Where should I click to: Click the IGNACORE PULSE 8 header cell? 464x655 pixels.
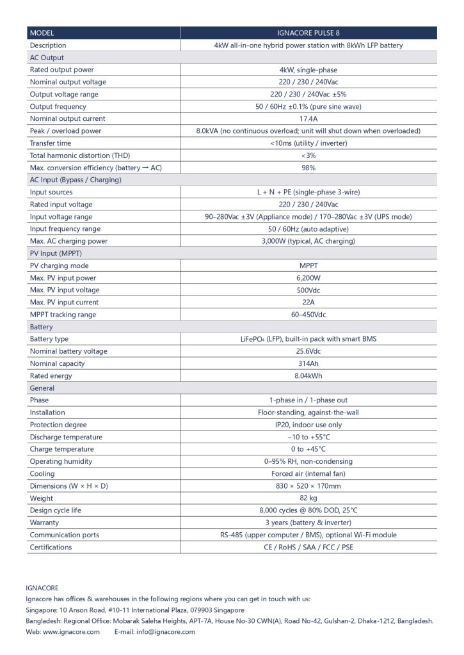pos(308,33)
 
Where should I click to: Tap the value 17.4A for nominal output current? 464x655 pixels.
pos(308,118)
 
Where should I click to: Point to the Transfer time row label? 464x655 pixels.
pos(51,143)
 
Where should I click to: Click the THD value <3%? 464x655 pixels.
pos(308,155)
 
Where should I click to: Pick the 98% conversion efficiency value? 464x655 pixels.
pos(308,168)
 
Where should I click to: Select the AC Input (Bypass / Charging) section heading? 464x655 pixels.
pos(76,180)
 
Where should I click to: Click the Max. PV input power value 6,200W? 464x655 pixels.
pos(308,278)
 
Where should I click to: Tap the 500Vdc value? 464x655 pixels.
pos(308,290)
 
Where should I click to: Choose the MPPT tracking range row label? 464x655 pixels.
pos(63,315)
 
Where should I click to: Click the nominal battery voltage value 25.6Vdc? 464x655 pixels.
pos(308,351)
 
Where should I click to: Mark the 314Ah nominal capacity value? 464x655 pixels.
pos(308,363)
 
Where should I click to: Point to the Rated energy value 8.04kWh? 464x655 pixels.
pos(308,376)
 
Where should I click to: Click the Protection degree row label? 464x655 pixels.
pos(58,425)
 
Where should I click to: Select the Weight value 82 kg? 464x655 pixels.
pos(308,498)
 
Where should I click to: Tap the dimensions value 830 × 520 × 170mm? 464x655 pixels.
pos(308,486)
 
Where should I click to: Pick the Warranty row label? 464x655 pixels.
pos(45,523)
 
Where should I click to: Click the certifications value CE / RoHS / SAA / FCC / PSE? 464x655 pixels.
pos(308,547)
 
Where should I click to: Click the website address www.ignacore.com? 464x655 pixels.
pos(71,632)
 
